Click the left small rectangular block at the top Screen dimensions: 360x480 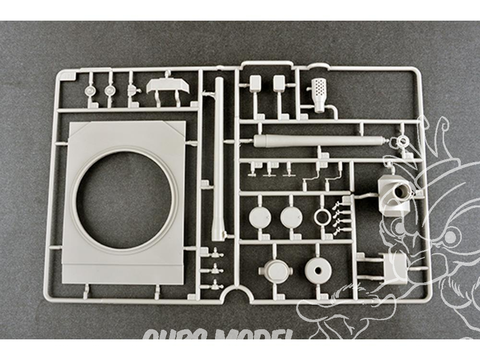click(255, 83)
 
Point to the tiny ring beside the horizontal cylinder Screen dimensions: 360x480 click(401, 141)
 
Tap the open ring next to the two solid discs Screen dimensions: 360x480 click(324, 217)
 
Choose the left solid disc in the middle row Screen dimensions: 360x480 click(260, 216)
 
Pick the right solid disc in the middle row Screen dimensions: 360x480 click(291, 216)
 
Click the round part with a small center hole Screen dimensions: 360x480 click(318, 270)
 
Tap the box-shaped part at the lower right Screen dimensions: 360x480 click(394, 266)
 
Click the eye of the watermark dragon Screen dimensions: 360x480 click(449, 236)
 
